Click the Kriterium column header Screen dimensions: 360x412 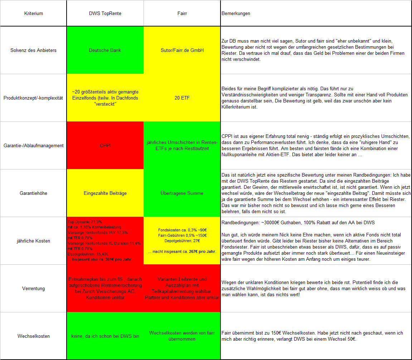click(34, 14)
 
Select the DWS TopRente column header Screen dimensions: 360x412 click(105, 14)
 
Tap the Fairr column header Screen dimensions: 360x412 click(182, 14)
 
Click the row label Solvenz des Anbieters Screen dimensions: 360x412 click(34, 50)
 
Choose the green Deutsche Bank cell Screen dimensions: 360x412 click(105, 50)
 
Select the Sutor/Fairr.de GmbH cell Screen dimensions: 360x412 click(182, 50)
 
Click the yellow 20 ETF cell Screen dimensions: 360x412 click(182, 98)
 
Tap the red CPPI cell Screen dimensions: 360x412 click(105, 145)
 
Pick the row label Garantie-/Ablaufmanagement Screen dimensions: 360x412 click(34, 145)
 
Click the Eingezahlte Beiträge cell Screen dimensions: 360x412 click(105, 193)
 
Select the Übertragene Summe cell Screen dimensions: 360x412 click(182, 193)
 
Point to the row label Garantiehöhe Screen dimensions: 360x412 click(34, 193)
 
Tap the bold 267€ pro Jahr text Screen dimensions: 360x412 click(203, 251)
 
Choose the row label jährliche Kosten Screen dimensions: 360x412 click(34, 241)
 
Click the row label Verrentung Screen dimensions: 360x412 click(34, 288)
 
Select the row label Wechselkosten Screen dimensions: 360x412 click(34, 336)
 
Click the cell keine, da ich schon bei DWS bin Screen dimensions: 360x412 click(105, 336)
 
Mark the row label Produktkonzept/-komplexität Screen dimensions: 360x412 click(34, 98)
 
